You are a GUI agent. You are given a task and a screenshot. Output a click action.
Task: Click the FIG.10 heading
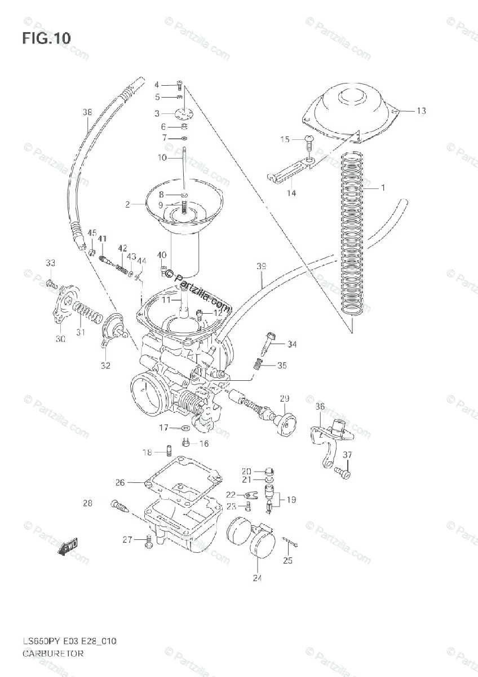tap(47, 38)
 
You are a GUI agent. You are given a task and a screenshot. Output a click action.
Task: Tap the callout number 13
tap(421, 111)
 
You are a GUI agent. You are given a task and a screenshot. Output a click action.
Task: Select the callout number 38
tap(87, 112)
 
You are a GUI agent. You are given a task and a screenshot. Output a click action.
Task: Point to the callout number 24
tap(258, 577)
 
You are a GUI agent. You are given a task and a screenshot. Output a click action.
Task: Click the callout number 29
tap(284, 398)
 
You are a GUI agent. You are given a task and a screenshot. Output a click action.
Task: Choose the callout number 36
tap(320, 406)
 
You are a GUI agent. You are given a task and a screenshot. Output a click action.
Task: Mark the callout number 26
tap(120, 482)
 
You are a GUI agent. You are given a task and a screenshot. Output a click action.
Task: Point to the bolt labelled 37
tap(342, 472)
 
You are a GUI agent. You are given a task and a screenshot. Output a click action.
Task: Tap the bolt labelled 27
tap(148, 542)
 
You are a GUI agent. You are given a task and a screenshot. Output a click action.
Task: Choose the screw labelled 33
tap(51, 282)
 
